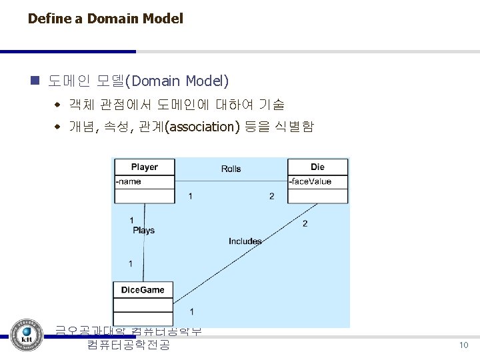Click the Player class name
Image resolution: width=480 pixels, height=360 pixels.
click(145, 167)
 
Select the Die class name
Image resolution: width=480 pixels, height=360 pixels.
click(317, 167)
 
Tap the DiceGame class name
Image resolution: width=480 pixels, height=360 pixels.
click(143, 289)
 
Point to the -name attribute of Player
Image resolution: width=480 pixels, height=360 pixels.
click(128, 181)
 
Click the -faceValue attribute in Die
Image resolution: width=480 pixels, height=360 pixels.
click(311, 181)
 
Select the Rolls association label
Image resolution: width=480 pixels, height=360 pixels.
click(231, 169)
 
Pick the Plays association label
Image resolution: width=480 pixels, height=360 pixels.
click(143, 230)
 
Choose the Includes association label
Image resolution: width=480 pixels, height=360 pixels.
click(245, 241)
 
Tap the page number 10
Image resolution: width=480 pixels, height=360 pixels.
click(463, 345)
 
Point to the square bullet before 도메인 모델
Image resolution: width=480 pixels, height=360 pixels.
click(35, 82)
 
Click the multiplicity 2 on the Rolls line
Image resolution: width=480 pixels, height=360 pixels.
click(271, 196)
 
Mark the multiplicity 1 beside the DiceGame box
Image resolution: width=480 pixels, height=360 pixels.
click(192, 311)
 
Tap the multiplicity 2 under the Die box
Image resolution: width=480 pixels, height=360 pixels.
click(305, 223)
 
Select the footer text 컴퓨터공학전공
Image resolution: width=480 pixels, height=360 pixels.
click(128, 345)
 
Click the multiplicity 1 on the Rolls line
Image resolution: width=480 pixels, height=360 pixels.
click(191, 196)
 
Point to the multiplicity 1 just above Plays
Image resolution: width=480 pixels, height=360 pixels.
click(131, 220)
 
